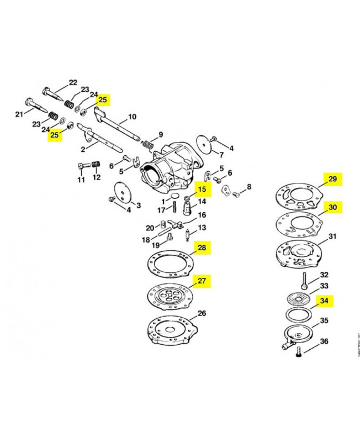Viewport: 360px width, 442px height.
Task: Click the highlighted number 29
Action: pos(332,179)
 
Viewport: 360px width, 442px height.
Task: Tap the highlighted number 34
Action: pos(324,301)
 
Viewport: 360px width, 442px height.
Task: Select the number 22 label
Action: pos(73,83)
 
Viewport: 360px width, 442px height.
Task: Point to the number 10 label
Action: pos(132,117)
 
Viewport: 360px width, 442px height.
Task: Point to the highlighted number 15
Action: pos(202,189)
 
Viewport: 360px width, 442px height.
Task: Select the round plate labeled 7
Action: pos(207,146)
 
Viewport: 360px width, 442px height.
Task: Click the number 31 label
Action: pos(332,237)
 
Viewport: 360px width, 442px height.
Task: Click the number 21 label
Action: pos(19,114)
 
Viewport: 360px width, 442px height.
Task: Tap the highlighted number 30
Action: pos(332,207)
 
